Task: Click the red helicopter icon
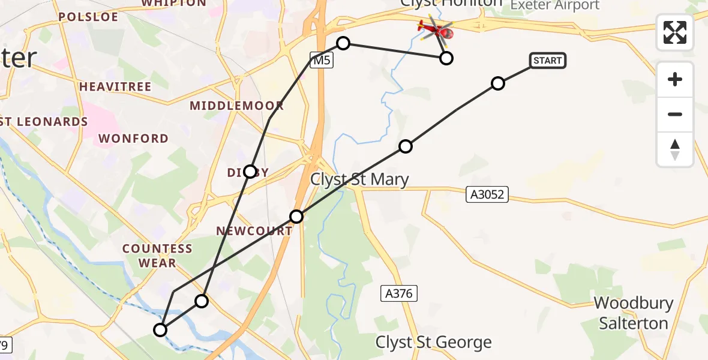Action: (x=436, y=28)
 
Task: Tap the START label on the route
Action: (x=547, y=61)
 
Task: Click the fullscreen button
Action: (x=675, y=32)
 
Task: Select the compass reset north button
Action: (x=675, y=149)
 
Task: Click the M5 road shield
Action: (x=321, y=59)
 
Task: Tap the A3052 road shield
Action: (x=487, y=194)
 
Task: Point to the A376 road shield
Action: (x=399, y=293)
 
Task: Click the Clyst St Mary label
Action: (x=359, y=179)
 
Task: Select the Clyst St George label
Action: (x=433, y=343)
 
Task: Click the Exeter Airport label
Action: (x=554, y=5)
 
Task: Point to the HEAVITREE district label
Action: (x=115, y=87)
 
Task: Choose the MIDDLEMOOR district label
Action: (x=236, y=106)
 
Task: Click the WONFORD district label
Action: (x=133, y=139)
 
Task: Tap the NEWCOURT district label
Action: (x=254, y=231)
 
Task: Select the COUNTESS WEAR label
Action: (x=157, y=256)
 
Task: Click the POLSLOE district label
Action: (x=88, y=17)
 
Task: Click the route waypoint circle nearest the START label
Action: (x=497, y=83)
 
